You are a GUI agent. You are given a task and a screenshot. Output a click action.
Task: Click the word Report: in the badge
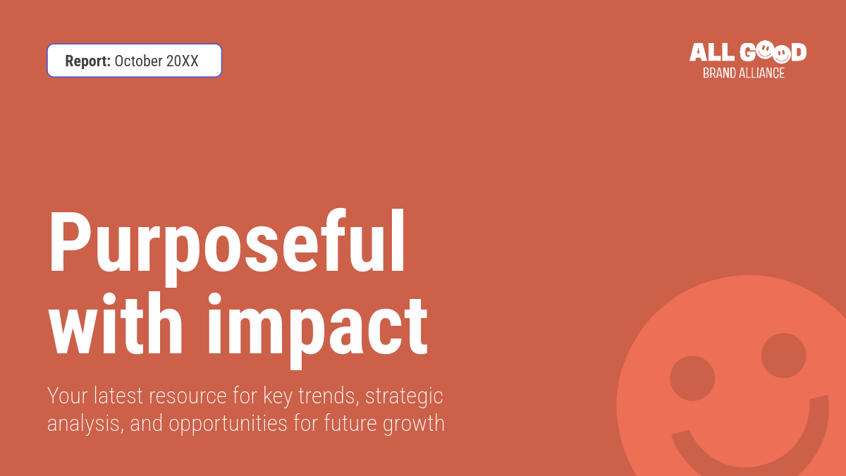(87, 61)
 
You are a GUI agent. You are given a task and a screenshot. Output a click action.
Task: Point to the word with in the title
(116, 323)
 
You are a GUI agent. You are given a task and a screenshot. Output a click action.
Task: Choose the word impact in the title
(318, 331)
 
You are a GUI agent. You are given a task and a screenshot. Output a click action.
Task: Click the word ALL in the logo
(712, 52)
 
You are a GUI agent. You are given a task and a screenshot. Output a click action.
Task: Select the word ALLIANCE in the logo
(762, 73)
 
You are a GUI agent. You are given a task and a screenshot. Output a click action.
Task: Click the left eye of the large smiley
(692, 378)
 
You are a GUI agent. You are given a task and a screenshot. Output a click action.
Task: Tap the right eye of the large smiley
(784, 355)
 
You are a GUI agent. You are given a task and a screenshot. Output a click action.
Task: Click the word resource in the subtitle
(188, 396)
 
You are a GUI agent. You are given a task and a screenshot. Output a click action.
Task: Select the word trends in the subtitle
(329, 396)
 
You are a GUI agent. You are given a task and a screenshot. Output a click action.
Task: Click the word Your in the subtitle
(68, 396)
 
